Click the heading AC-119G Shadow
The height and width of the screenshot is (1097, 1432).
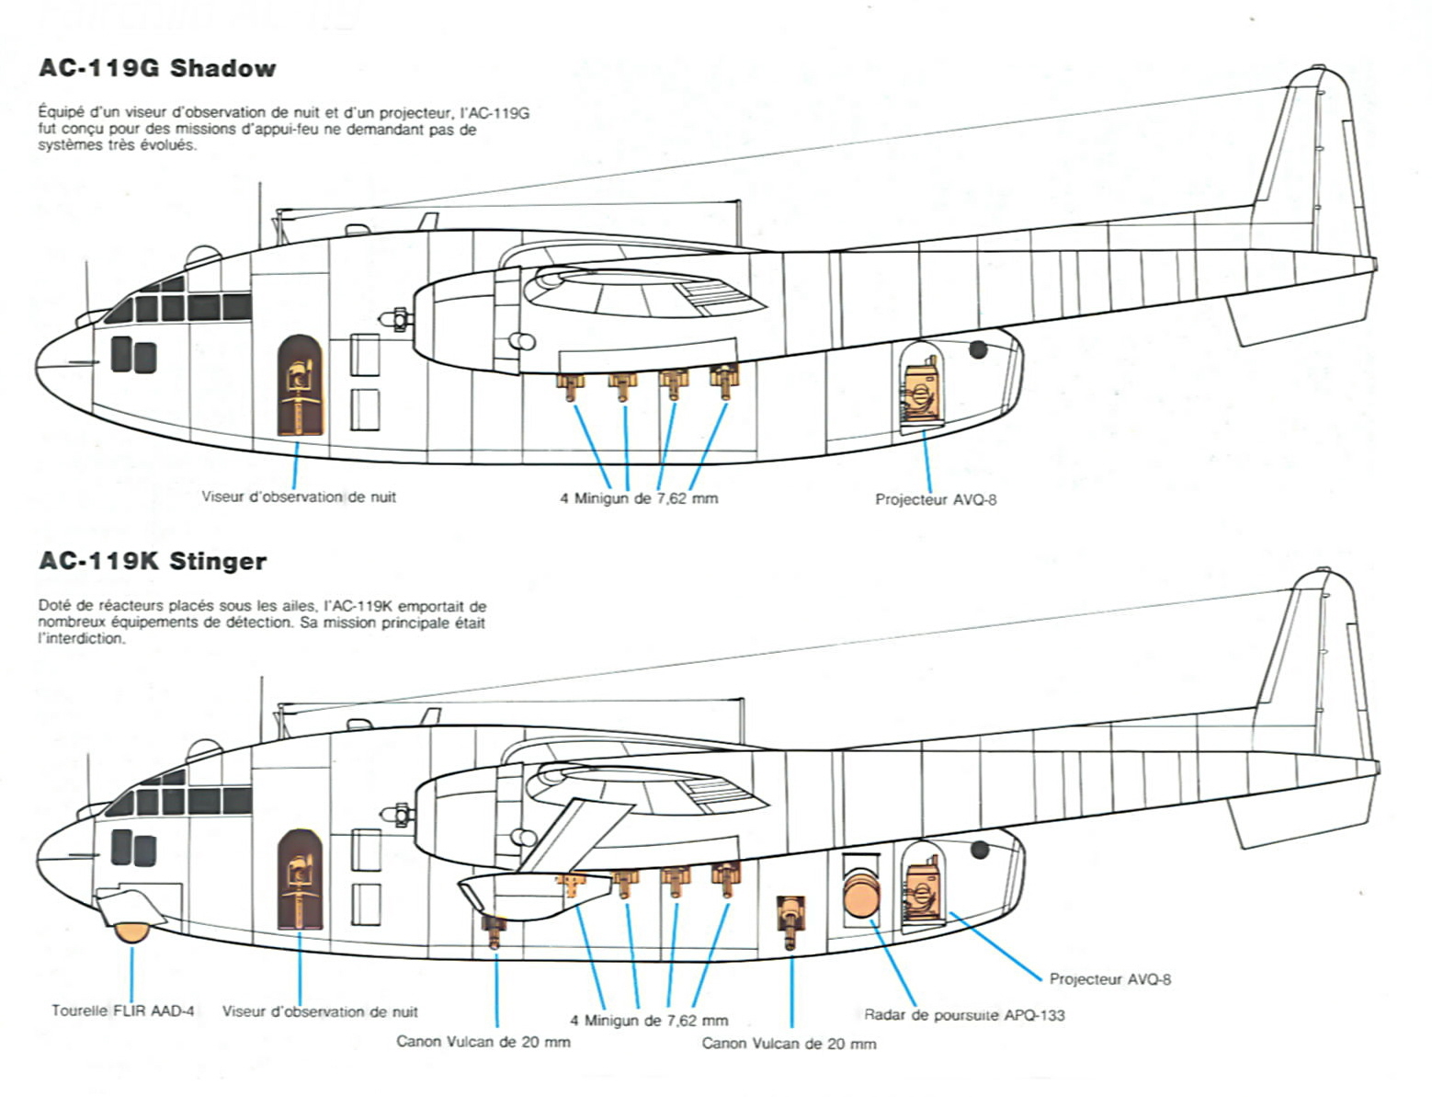[x=157, y=68]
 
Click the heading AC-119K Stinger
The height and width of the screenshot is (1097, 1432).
[x=153, y=561]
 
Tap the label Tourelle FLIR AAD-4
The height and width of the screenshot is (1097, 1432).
[x=122, y=1011]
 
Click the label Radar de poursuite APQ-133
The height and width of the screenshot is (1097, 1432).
[x=964, y=1015]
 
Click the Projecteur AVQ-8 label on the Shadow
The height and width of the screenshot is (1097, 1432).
[x=935, y=499]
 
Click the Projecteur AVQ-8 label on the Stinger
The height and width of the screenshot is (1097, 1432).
[x=1109, y=979]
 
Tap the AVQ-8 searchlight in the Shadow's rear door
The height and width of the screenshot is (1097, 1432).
[x=922, y=393]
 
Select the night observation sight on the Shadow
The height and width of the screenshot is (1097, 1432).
[x=301, y=386]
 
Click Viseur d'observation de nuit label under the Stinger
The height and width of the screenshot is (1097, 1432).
[x=319, y=1011]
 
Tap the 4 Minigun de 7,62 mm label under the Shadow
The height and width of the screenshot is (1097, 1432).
[x=639, y=498]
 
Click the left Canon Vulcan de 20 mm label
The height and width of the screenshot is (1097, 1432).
[x=483, y=1042]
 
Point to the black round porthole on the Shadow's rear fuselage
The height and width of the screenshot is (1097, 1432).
[x=978, y=349]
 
